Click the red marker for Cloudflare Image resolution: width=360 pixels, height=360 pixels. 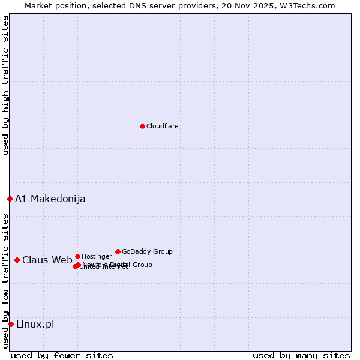[x=142, y=126]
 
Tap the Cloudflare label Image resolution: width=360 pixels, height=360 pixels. [x=163, y=126]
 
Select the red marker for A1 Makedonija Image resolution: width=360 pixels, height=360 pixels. [x=10, y=199]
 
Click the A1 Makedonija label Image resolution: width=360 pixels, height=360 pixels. [x=50, y=199]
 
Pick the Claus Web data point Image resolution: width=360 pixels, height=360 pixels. [x=17, y=260]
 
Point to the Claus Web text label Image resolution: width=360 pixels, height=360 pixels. [x=47, y=260]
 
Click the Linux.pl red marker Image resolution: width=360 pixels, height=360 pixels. [x=11, y=324]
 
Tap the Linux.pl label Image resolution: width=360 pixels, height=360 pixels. [x=35, y=325]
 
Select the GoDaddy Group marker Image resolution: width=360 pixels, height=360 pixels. [x=118, y=251]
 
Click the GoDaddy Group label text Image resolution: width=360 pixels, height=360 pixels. [x=147, y=251]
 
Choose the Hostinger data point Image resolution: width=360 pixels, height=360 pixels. [x=77, y=256]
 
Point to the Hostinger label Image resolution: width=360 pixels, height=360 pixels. [x=97, y=256]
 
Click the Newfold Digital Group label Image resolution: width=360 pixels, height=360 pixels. [x=118, y=265]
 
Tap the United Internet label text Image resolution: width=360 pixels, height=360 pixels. [x=104, y=267]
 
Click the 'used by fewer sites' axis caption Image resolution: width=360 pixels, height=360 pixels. [x=62, y=355]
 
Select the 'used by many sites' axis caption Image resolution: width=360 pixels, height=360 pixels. [x=301, y=355]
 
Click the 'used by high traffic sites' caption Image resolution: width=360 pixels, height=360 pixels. [x=5, y=86]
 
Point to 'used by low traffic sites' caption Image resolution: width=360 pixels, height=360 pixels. [x=5, y=281]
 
